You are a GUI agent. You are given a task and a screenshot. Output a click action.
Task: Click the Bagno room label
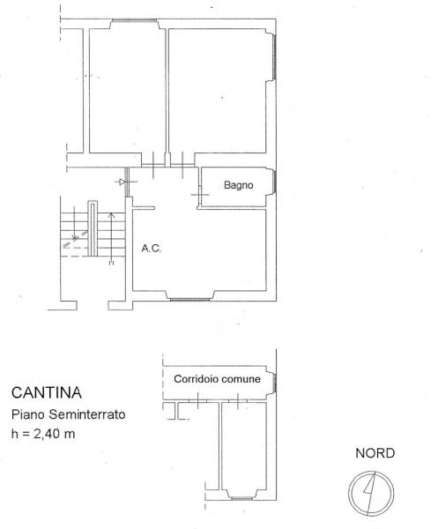click(x=238, y=185)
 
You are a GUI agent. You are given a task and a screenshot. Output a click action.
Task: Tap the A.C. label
click(x=152, y=249)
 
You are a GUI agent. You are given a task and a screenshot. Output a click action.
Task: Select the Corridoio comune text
click(x=217, y=379)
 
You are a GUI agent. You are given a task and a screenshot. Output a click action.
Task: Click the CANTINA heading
click(x=47, y=392)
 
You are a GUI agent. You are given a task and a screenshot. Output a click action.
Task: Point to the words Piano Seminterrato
click(x=69, y=414)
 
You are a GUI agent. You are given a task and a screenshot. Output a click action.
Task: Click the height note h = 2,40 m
click(x=43, y=434)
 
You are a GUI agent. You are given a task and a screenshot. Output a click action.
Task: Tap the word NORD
click(x=375, y=453)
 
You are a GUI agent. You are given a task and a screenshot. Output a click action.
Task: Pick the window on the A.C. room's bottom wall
click(x=189, y=299)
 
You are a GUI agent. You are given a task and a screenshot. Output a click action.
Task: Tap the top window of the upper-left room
click(x=134, y=20)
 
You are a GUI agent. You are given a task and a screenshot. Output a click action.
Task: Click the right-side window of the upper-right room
click(x=274, y=56)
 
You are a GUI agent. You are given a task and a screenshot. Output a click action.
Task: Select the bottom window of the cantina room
click(x=241, y=498)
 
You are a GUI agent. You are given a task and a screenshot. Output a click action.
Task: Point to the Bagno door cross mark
click(x=200, y=195)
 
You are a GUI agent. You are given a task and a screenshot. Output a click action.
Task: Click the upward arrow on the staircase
click(x=112, y=238)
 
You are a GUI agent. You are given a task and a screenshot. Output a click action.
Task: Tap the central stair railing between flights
click(x=93, y=228)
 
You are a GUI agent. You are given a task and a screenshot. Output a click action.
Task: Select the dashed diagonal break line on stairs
click(x=76, y=239)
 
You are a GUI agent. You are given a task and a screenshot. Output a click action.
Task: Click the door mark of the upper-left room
click(x=153, y=165)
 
